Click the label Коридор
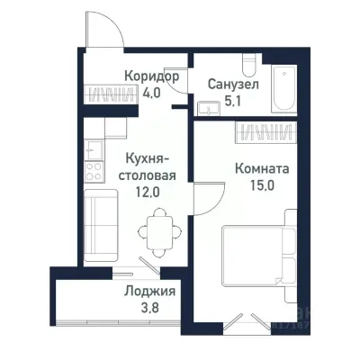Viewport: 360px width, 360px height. pyautogui.click(x=151, y=76)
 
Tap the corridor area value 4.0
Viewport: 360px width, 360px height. pyautogui.click(x=151, y=92)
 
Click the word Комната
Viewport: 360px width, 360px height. pyautogui.click(x=261, y=167)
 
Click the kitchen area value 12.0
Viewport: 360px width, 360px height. pyautogui.click(x=145, y=192)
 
